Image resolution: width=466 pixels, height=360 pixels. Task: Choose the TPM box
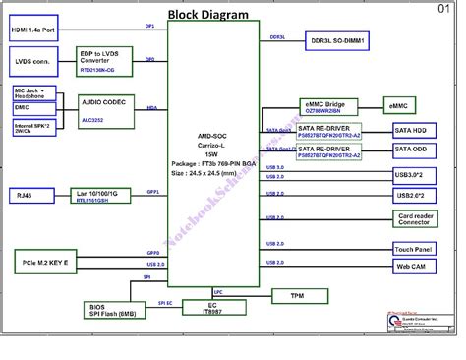[296, 295]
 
